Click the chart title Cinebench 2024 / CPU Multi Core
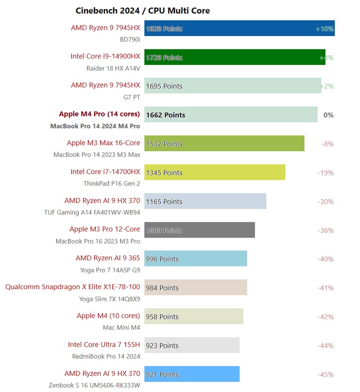point(143,11)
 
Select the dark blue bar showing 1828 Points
point(240,28)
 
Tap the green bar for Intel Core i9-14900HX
point(235,57)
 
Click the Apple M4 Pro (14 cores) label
point(99,114)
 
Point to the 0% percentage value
point(328,115)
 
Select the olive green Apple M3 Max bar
point(224,144)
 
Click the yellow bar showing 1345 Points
point(215,172)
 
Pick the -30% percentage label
point(325,201)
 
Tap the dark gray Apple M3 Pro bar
point(200,230)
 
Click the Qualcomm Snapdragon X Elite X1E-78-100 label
point(72,287)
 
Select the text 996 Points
point(162,259)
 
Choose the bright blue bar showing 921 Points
point(192,374)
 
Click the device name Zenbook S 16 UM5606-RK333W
point(94,385)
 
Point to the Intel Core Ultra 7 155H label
point(104,344)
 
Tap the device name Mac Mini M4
point(121,327)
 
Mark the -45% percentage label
point(325,374)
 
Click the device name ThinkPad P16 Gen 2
point(112,183)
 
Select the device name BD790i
point(130,39)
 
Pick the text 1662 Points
point(166,115)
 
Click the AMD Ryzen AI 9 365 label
point(108,258)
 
